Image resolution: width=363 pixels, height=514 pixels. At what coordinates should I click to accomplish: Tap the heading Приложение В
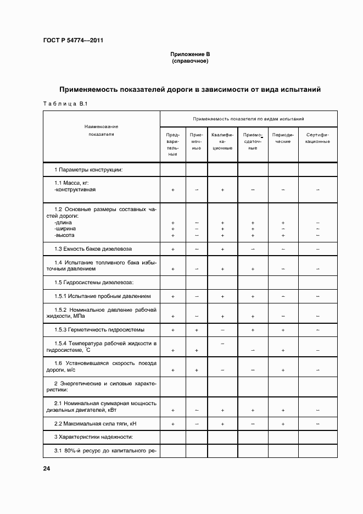point(190,55)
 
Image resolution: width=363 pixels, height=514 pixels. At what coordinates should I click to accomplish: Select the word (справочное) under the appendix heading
point(190,61)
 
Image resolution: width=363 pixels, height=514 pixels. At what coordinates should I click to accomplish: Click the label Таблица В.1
point(61,104)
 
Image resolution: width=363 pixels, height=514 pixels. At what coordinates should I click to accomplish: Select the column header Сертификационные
point(318,137)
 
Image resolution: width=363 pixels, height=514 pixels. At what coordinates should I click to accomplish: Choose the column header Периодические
point(283,137)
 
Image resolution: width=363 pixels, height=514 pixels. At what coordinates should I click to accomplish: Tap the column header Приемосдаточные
point(253,141)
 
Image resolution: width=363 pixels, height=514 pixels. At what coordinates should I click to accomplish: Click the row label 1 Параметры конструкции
point(88,169)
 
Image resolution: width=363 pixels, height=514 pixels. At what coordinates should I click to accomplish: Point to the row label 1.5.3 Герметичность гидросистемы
point(99,330)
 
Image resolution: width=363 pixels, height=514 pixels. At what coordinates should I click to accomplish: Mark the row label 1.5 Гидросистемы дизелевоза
point(94,283)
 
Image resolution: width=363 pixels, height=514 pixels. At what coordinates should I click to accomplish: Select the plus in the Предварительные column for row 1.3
point(173,249)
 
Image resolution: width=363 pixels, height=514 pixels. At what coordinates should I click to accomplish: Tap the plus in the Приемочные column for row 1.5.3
point(197,330)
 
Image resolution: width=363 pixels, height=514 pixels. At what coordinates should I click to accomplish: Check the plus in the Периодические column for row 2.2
point(283,424)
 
